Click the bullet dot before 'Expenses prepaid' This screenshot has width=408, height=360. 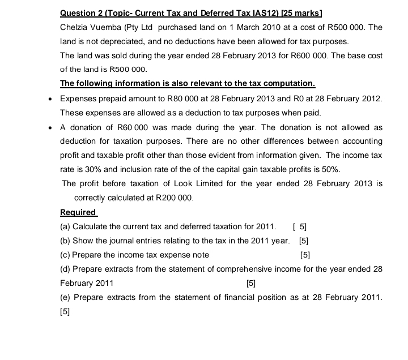coord(51,99)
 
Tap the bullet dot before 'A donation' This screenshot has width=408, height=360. coord(51,128)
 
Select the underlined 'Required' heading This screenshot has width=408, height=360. coord(78,212)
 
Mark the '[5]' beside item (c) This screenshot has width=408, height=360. coord(305,255)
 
